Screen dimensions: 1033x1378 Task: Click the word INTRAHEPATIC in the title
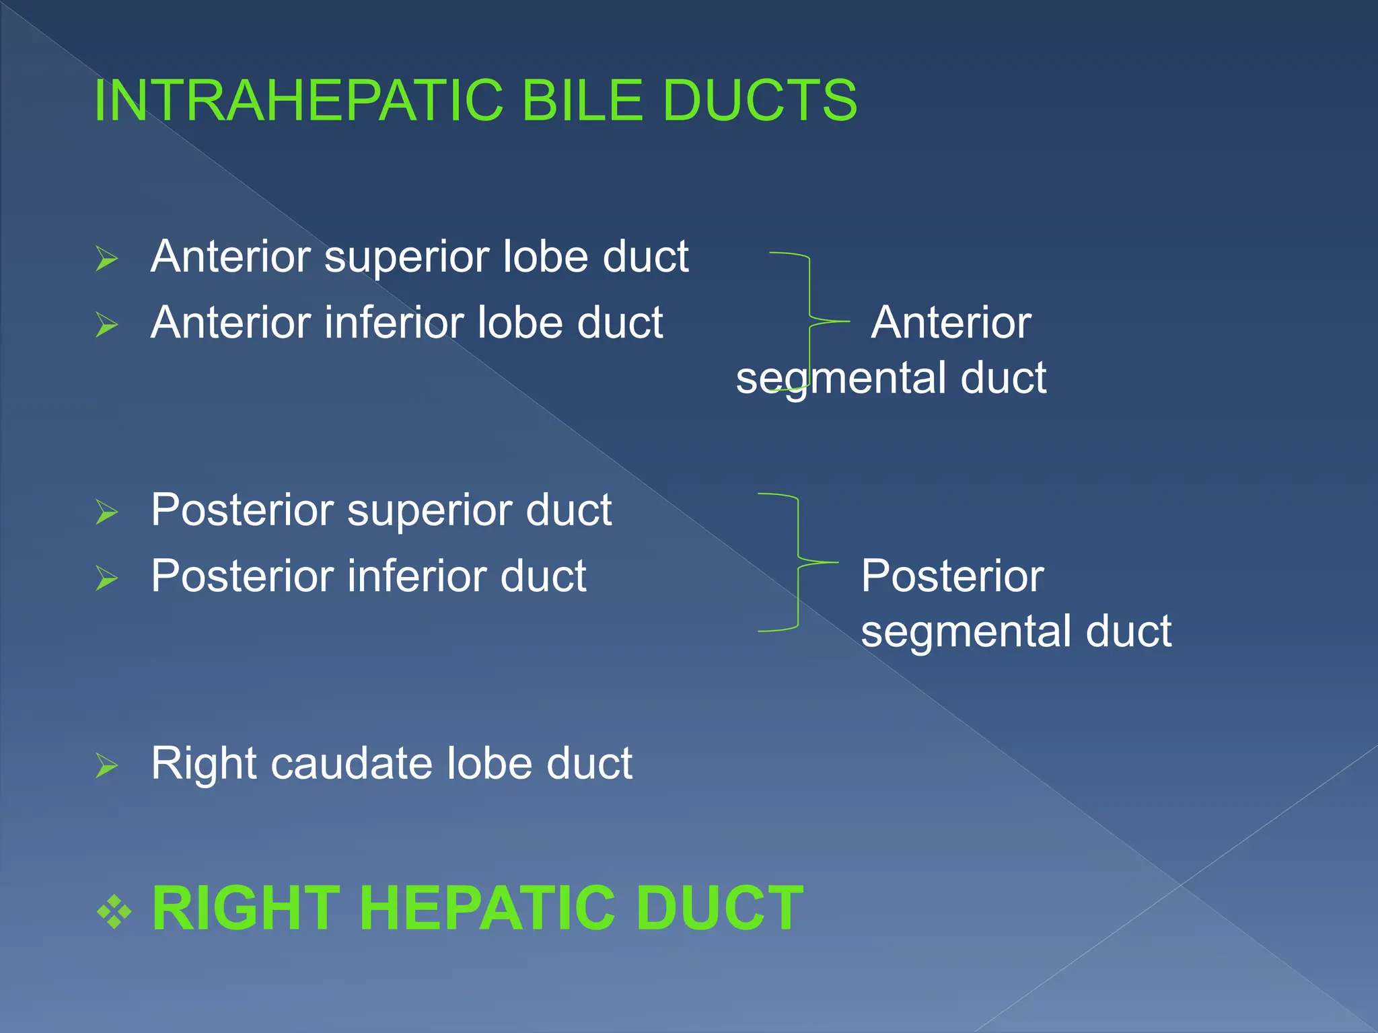point(299,101)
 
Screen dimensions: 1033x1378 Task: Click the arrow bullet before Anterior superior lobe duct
point(107,259)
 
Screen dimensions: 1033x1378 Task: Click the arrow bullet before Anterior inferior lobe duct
point(107,325)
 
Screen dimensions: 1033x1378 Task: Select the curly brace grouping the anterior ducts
point(809,321)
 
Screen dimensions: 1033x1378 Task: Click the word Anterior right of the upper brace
point(951,323)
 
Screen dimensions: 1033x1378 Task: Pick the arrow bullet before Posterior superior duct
point(107,512)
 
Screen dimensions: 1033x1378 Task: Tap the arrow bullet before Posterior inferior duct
point(107,578)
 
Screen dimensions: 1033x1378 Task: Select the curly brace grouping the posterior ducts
point(799,562)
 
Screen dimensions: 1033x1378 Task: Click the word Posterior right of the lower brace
point(952,577)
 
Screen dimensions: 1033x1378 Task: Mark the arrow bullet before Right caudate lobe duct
point(107,765)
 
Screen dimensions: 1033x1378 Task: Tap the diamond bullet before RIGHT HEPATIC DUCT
point(115,911)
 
